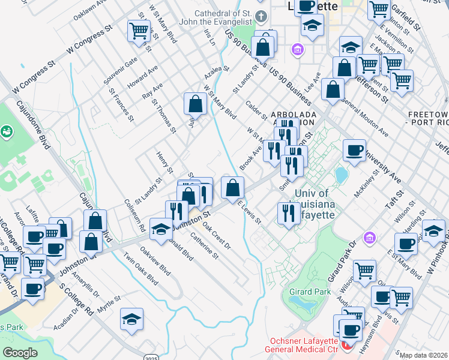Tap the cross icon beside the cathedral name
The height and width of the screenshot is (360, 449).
click(x=260, y=15)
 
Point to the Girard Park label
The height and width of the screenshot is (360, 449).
click(x=313, y=292)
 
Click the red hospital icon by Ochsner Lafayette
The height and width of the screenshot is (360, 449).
click(x=345, y=347)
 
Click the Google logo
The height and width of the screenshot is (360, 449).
click(x=20, y=353)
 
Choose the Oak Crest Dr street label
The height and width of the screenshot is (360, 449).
click(x=216, y=236)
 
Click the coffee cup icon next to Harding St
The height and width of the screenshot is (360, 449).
click(x=406, y=242)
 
